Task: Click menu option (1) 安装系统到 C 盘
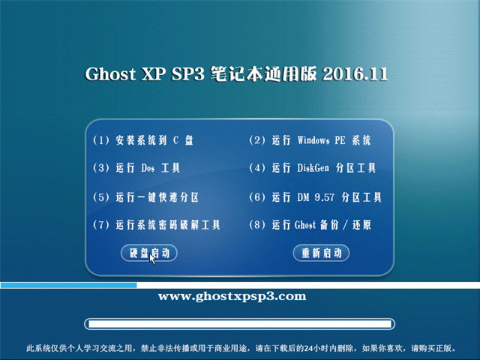pos(143,140)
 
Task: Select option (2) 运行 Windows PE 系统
pos(310,140)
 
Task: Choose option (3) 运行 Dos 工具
pos(136,168)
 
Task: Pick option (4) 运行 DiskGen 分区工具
pos(312,168)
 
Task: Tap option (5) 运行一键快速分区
pos(145,197)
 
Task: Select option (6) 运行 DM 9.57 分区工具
pos(315,197)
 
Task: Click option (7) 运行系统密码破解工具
pos(157,225)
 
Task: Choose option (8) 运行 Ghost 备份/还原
pos(310,225)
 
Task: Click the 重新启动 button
pos(321,253)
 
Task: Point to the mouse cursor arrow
pos(152,259)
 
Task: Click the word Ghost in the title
pos(110,74)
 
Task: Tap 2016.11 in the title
pos(355,74)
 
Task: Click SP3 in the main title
pos(187,74)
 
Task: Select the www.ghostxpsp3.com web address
pos(232,297)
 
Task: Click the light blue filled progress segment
pos(68,285)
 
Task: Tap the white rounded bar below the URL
pos(240,324)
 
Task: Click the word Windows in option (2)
pos(313,140)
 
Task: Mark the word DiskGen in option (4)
pos(313,168)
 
